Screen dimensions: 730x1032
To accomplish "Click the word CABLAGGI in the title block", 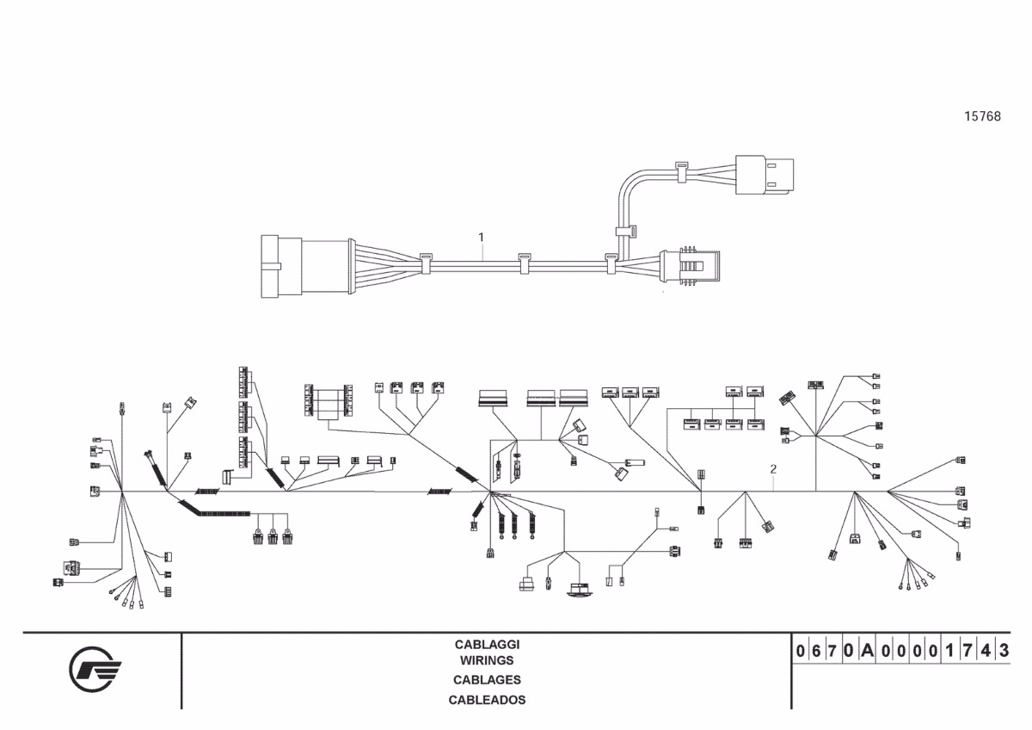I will point(487,644).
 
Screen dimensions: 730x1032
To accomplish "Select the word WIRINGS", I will point(487,660).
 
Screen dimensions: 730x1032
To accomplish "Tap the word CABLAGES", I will point(487,680).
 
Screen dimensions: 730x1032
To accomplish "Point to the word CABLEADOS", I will point(487,700).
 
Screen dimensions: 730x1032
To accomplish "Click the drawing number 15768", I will point(982,116).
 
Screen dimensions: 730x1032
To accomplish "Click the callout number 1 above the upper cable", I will point(482,236).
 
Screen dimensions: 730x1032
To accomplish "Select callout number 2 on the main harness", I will point(774,469).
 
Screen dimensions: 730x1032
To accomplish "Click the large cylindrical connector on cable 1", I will point(305,265).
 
